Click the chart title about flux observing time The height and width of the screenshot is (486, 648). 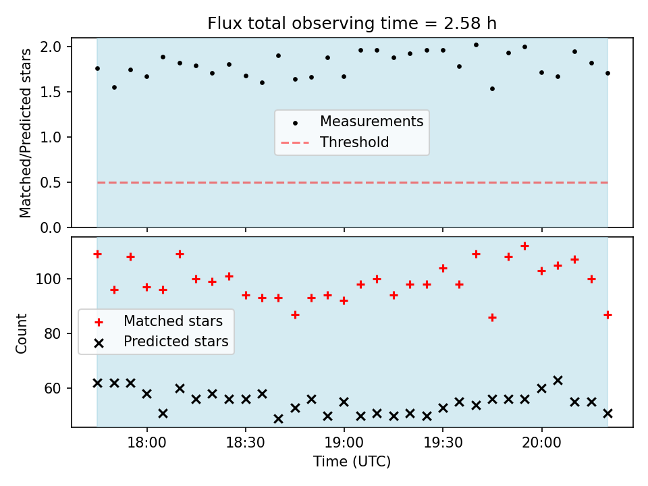click(x=352, y=24)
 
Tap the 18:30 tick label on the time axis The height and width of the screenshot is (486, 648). click(x=246, y=443)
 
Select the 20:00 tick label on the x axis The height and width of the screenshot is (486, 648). click(x=542, y=443)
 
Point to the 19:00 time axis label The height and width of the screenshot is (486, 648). click(x=344, y=443)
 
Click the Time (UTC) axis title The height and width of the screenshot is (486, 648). click(x=352, y=461)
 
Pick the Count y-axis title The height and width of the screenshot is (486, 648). click(x=21, y=333)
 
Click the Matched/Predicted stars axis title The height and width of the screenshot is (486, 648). click(x=25, y=133)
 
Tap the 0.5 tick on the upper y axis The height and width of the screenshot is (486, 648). click(x=51, y=182)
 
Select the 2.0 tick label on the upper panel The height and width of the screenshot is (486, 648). click(x=51, y=47)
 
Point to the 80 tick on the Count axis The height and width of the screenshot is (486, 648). click(x=53, y=333)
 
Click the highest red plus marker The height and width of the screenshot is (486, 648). click(x=525, y=246)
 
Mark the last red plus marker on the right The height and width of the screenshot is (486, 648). click(x=607, y=315)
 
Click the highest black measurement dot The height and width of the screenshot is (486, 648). click(x=476, y=45)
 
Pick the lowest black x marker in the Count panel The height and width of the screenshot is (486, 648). click(x=279, y=419)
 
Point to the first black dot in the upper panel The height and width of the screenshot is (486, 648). click(x=97, y=69)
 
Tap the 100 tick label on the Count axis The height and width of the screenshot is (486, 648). click(x=49, y=279)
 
